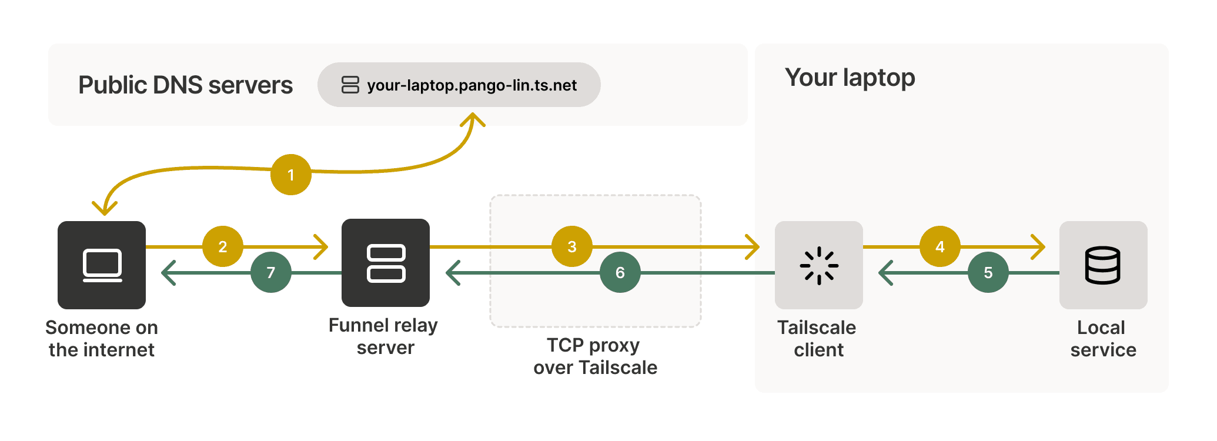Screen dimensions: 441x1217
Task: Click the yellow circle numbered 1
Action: (x=291, y=175)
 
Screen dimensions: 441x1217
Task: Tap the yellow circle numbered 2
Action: (x=223, y=246)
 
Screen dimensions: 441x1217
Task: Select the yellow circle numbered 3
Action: (x=572, y=246)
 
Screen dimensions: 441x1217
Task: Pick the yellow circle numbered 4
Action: (x=940, y=246)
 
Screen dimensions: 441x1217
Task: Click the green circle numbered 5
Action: (x=988, y=272)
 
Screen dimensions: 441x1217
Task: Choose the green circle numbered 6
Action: (x=620, y=272)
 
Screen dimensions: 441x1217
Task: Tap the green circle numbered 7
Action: (x=271, y=272)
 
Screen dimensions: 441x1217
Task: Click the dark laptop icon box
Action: (x=102, y=265)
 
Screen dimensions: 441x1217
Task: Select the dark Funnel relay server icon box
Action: (x=386, y=263)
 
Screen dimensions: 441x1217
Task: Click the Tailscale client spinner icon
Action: (x=819, y=265)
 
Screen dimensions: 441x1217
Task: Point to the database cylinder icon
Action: (x=1102, y=265)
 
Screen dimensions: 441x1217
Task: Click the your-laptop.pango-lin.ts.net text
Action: (x=472, y=85)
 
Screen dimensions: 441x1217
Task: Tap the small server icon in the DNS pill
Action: (x=350, y=85)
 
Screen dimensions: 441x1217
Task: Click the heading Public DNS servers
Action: (x=185, y=85)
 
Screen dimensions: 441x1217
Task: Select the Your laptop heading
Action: (x=850, y=78)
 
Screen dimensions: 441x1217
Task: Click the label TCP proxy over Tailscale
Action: (x=595, y=356)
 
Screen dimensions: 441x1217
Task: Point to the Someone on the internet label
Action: (x=102, y=338)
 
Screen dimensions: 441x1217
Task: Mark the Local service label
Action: (x=1102, y=338)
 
